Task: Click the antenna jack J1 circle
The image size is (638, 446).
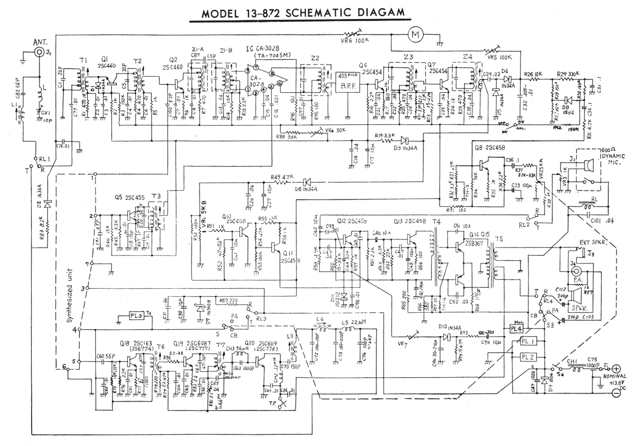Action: [39, 53]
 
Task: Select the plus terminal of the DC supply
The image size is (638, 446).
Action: [616, 369]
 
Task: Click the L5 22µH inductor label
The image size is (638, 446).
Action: [356, 323]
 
